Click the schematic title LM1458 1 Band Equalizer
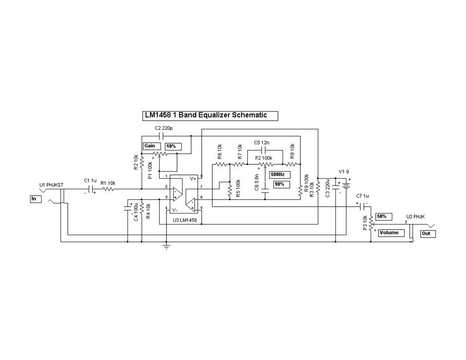[x=210, y=115]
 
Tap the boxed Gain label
[x=150, y=146]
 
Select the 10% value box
[x=173, y=146]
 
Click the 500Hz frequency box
[x=280, y=174]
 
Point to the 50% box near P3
[x=382, y=216]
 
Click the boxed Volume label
[x=391, y=233]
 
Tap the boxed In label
[x=35, y=198]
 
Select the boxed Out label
[x=428, y=233]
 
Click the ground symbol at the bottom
[x=166, y=246]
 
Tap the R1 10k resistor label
[x=108, y=183]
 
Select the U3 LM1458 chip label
[x=185, y=220]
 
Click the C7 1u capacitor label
[x=363, y=196]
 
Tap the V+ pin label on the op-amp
[x=193, y=179]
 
